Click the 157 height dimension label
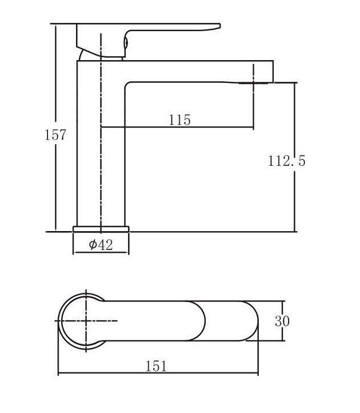[55, 134]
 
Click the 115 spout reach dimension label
[179, 120]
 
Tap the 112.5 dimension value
[287, 161]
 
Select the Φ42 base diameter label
[101, 245]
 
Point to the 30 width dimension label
[282, 321]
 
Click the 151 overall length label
[157, 366]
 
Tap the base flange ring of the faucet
[101, 229]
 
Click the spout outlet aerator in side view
[254, 84]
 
